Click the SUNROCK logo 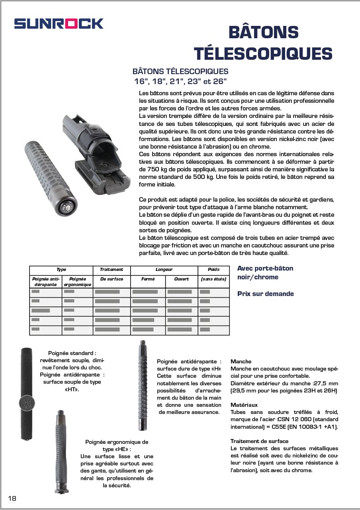pyautogui.click(x=59, y=24)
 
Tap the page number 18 pyautogui.click(x=12, y=498)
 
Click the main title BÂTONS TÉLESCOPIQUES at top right pyautogui.click(x=263, y=43)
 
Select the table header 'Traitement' pyautogui.click(x=112, y=270)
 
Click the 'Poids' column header pyautogui.click(x=213, y=270)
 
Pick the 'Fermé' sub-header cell pyautogui.click(x=148, y=279)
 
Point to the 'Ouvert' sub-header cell pyautogui.click(x=181, y=279)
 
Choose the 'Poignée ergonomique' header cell pyautogui.click(x=78, y=282)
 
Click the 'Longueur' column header pyautogui.click(x=164, y=270)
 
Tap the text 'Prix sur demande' pyautogui.click(x=265, y=294)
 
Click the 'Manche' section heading pyautogui.click(x=241, y=361)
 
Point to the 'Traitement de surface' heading pyautogui.click(x=259, y=441)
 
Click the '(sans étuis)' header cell pyautogui.click(x=213, y=279)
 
